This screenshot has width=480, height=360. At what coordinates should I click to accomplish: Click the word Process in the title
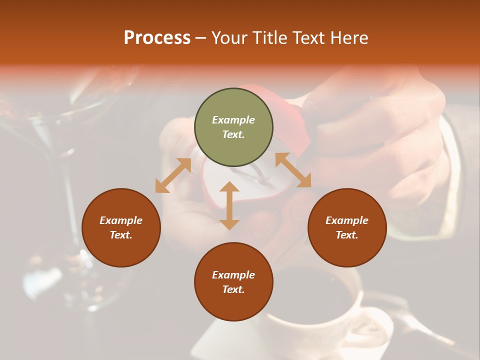(x=157, y=37)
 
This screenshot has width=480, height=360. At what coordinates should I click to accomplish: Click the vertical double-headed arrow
(x=229, y=205)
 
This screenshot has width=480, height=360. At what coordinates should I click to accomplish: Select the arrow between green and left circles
(x=173, y=175)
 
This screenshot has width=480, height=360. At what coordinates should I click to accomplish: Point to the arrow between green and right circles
(x=293, y=170)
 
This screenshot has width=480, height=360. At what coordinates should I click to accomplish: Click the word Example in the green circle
(x=233, y=120)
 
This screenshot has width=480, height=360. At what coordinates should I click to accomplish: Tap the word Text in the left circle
(x=121, y=235)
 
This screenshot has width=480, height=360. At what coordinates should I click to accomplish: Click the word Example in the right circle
(x=347, y=220)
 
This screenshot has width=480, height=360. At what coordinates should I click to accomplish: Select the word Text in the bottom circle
(x=233, y=289)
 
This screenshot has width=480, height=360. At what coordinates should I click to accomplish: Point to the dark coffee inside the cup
(x=320, y=295)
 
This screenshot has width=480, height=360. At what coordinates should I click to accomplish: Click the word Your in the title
(x=229, y=37)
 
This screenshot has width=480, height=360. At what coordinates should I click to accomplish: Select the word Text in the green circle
(x=233, y=134)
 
